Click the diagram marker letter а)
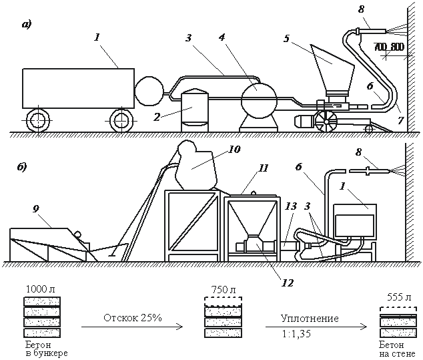click(26, 25)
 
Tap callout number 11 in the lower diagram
click(264, 168)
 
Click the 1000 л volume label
click(37, 288)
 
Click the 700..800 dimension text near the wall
click(389, 47)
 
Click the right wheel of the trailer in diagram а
click(120, 120)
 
